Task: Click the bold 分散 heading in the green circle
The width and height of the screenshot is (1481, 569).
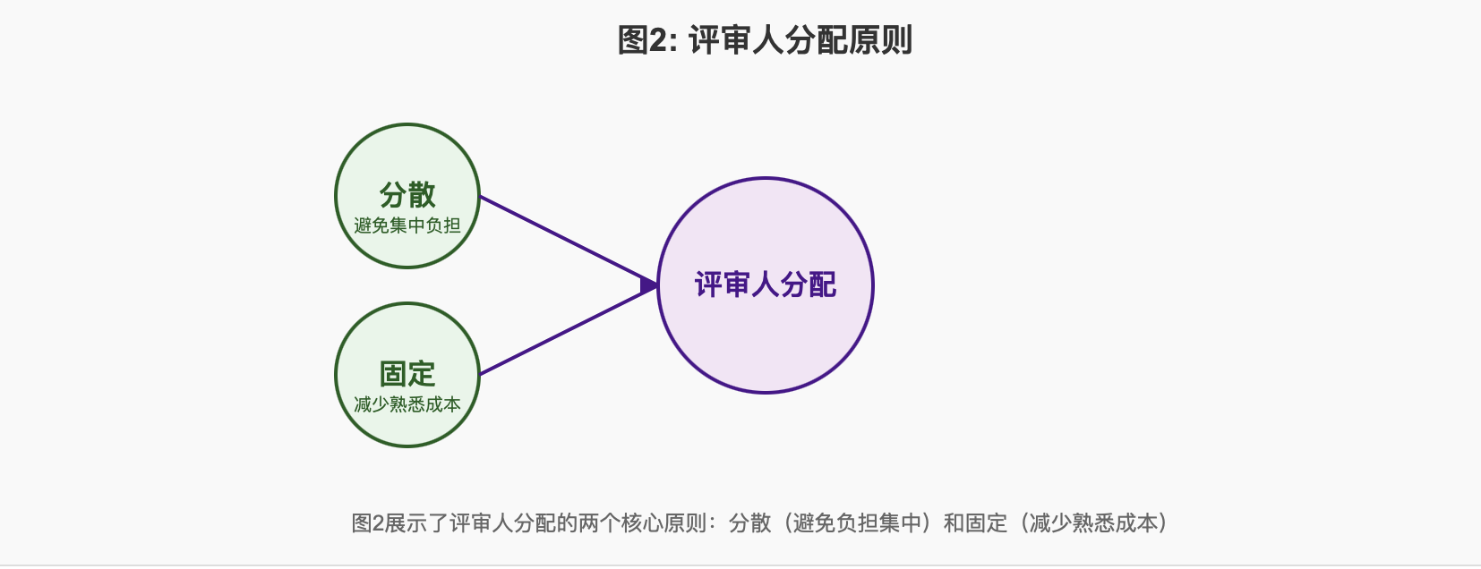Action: pyautogui.click(x=407, y=194)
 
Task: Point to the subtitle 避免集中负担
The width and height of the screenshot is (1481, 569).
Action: pyautogui.click(x=407, y=225)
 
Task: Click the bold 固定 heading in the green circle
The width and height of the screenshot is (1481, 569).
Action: pyautogui.click(x=407, y=373)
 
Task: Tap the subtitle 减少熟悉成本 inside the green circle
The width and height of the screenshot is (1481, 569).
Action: pyautogui.click(x=407, y=404)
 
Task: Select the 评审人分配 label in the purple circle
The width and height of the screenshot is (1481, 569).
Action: pyautogui.click(x=766, y=284)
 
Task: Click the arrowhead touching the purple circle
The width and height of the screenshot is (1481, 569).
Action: pyautogui.click(x=649, y=285)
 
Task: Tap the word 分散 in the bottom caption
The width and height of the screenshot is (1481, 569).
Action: pyautogui.click(x=750, y=523)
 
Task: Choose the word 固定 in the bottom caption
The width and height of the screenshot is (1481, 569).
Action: pyautogui.click(x=987, y=523)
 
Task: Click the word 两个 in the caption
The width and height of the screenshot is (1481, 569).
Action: pyautogui.click(x=599, y=523)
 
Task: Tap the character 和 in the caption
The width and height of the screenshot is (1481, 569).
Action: pyautogui.click(x=954, y=523)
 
